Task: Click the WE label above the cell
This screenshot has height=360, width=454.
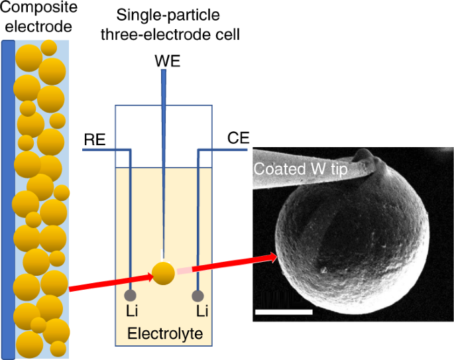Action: pos(167,62)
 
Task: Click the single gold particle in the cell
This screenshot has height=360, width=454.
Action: pos(164,271)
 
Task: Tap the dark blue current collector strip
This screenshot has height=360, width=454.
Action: pos(7,199)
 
